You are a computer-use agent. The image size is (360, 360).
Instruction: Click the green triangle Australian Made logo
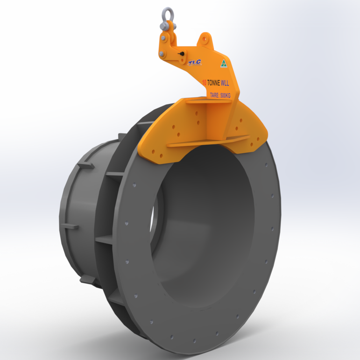(x=223, y=64)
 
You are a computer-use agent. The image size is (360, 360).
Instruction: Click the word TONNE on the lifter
(x=217, y=83)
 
